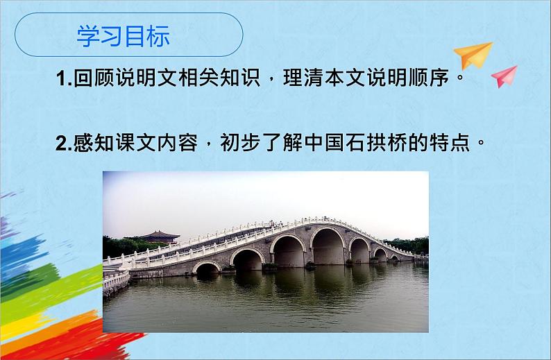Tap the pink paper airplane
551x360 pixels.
(505, 76)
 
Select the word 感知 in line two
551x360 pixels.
(95, 144)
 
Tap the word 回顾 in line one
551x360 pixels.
(94, 80)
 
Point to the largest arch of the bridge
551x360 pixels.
(329, 248)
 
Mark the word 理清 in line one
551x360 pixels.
(306, 80)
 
